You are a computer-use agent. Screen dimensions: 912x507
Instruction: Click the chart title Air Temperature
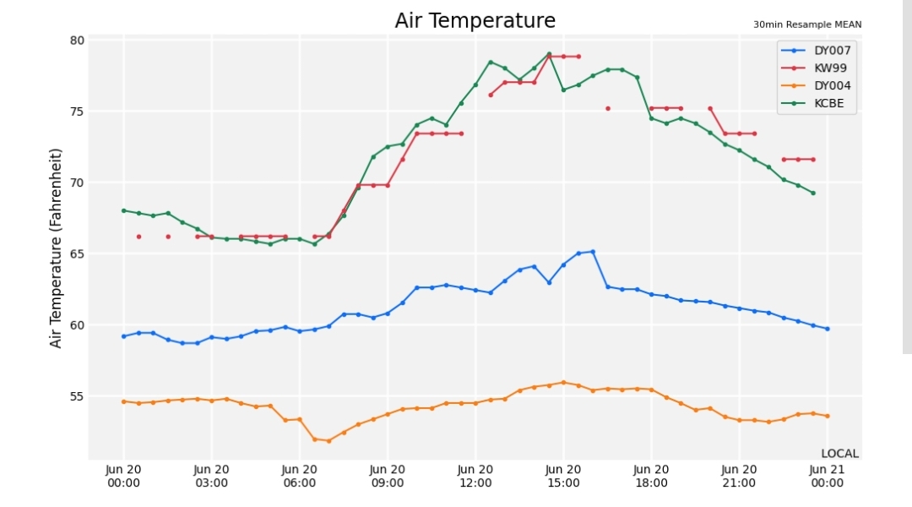[475, 20]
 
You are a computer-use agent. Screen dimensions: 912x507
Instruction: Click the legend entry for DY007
[816, 51]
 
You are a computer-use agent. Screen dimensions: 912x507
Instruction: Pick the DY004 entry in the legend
[816, 85]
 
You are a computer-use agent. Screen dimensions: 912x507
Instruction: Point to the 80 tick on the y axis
[78, 41]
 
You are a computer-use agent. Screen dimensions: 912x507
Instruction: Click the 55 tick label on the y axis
[78, 396]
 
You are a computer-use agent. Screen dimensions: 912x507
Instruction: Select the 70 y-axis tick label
[78, 183]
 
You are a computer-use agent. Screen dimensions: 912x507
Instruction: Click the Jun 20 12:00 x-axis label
[475, 476]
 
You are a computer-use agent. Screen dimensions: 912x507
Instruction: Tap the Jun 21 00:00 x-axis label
[827, 476]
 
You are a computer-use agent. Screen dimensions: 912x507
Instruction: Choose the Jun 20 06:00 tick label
[300, 476]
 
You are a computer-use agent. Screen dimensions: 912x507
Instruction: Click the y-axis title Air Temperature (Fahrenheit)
[55, 248]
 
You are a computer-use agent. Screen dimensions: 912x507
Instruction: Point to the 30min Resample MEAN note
[807, 25]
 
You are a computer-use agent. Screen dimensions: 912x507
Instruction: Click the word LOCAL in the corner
[840, 454]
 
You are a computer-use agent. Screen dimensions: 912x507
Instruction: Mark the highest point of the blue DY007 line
[593, 252]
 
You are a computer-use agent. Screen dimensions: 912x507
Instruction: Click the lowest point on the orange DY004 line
[328, 441]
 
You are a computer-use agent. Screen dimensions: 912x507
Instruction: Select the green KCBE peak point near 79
[549, 54]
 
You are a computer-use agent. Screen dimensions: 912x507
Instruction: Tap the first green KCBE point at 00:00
[124, 210]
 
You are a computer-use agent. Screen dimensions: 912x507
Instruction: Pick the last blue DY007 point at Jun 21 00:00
[827, 329]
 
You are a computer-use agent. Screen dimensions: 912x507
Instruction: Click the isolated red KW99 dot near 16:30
[608, 109]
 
